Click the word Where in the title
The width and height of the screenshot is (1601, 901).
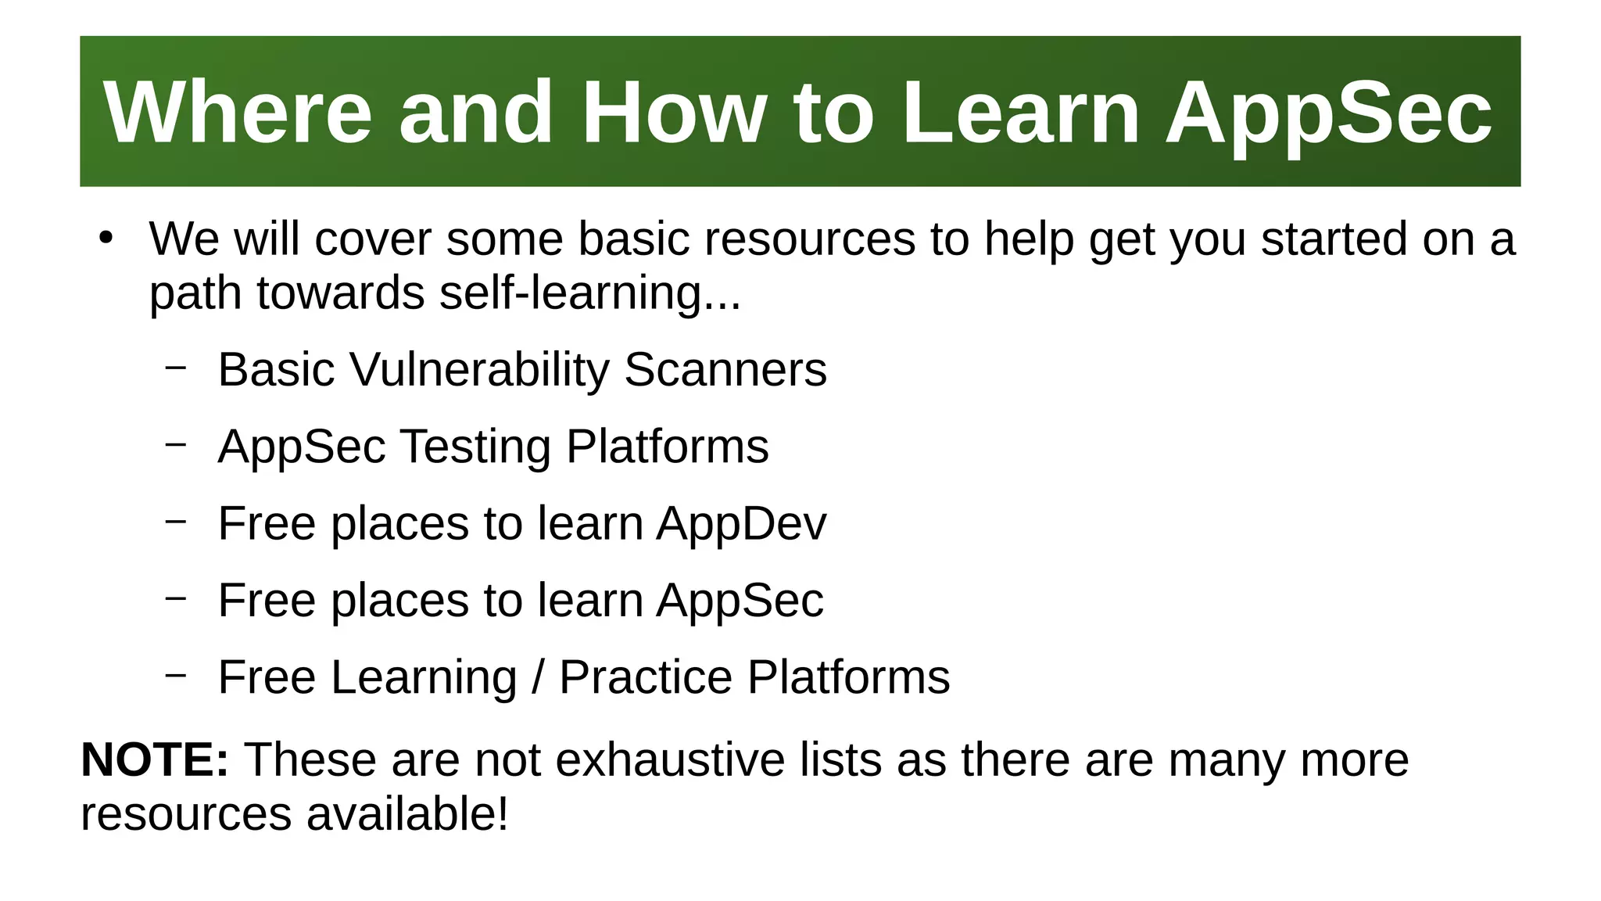(x=238, y=113)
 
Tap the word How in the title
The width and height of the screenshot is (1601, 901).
(x=673, y=113)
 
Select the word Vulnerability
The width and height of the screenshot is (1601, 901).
(x=479, y=369)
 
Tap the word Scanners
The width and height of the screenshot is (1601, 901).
(x=725, y=369)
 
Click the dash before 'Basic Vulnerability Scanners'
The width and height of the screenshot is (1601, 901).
(x=176, y=367)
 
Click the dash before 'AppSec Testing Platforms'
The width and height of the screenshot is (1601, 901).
(x=176, y=443)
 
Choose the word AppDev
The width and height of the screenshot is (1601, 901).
(x=740, y=523)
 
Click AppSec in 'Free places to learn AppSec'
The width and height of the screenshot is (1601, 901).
(x=739, y=600)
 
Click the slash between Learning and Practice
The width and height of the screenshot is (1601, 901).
(x=538, y=677)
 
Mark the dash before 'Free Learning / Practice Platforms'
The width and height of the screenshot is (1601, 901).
(x=176, y=674)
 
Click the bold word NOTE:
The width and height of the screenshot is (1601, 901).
(x=155, y=759)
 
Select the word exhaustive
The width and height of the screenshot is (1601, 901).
(x=669, y=759)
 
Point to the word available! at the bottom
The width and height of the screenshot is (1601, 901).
(x=407, y=813)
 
